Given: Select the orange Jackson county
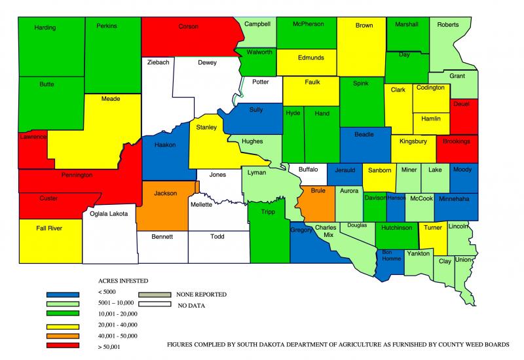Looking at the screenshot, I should click(165, 194).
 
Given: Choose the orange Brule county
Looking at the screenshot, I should click(318, 196).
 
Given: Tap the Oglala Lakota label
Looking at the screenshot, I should click(109, 213).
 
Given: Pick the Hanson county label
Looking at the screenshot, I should click(396, 198).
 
